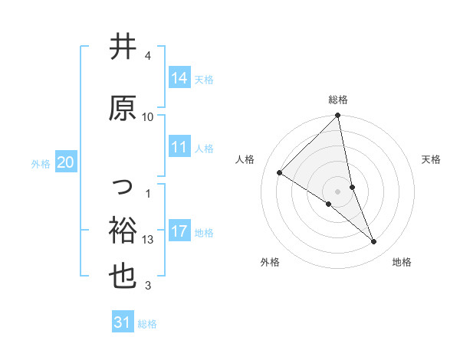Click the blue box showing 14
coord(179,78)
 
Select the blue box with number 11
coord(179,147)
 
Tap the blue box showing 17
coord(179,231)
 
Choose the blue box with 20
coord(66,162)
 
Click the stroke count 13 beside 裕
coord(148,240)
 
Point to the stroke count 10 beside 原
coord(148,116)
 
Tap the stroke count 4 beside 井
coord(148,56)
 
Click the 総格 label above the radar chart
coord(338,100)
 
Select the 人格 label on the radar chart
coord(245,159)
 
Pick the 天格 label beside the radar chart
coord(432,159)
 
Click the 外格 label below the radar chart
coord(270,262)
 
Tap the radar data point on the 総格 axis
coord(338,116)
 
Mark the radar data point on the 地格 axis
coord(374,241)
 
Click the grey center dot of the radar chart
coord(338,191)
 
